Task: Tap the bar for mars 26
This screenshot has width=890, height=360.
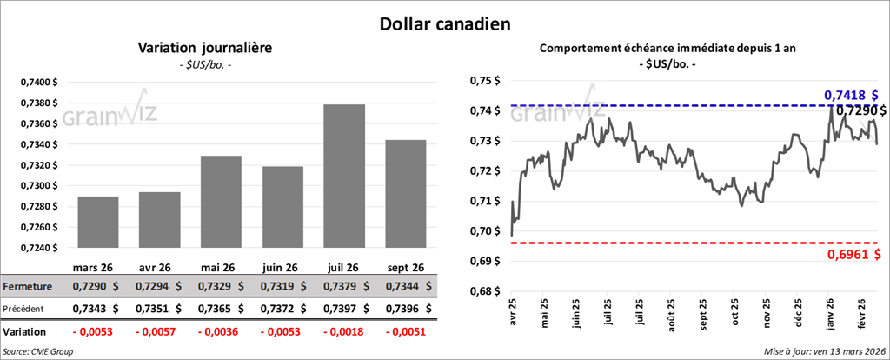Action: pos(98,222)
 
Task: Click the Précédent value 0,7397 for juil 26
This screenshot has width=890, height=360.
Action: pos(344,308)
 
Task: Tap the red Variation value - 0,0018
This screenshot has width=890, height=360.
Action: pos(344,331)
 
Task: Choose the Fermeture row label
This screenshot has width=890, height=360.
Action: pos(28,285)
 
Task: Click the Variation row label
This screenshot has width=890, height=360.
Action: pos(25,331)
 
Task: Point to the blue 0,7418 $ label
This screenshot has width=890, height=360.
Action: pos(850,94)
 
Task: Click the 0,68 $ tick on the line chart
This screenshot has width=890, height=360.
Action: pos(482,291)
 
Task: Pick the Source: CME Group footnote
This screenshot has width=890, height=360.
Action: pos(37,350)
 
